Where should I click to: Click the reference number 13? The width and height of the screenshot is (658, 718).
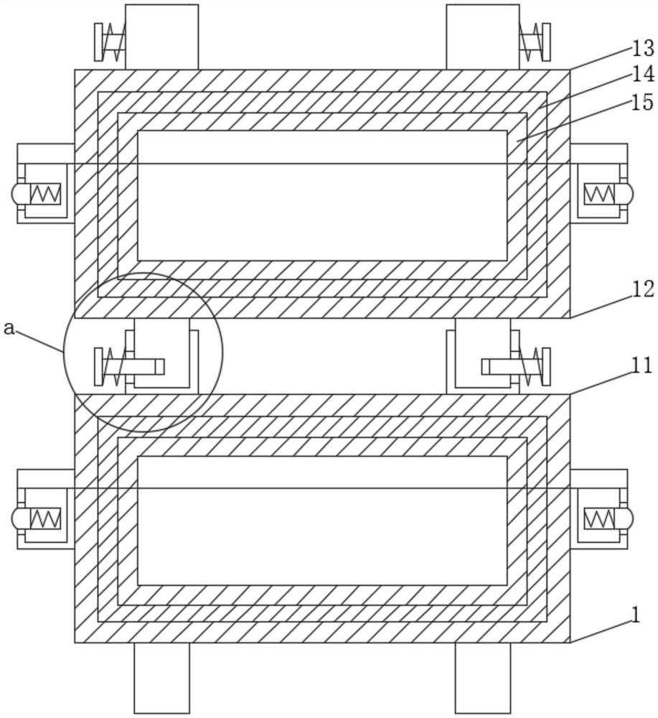(643, 49)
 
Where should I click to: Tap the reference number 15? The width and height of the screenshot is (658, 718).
(643, 103)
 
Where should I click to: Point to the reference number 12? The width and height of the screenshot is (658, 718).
(643, 289)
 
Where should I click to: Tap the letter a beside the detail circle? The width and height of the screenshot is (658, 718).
(9, 328)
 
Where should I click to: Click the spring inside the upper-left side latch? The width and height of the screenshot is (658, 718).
(44, 194)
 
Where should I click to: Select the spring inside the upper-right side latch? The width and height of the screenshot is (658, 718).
(599, 194)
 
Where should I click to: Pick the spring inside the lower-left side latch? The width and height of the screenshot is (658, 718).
(44, 518)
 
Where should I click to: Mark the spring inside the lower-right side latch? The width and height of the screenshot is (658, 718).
(599, 518)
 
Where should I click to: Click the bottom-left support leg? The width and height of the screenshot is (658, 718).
(161, 678)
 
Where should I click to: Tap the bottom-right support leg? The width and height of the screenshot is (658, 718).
(483, 678)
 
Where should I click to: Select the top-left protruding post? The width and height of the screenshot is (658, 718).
(161, 37)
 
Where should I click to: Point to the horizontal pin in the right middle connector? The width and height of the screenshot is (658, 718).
(502, 367)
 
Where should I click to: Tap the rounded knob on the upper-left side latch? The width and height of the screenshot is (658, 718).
(17, 194)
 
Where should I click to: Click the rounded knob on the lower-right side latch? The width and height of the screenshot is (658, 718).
(628, 518)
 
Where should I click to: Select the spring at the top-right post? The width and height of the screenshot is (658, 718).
(532, 42)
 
